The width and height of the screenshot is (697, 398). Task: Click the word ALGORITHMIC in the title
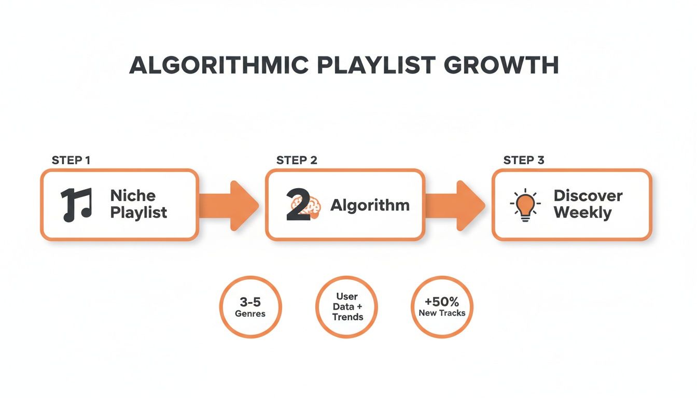pyautogui.click(x=218, y=65)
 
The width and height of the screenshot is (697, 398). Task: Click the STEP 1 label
pyautogui.click(x=71, y=160)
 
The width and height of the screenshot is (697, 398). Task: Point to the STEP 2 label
pyautogui.click(x=297, y=160)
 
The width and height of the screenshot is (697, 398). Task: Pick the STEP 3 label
pyautogui.click(x=524, y=160)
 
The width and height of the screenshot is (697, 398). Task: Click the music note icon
pyautogui.click(x=76, y=205)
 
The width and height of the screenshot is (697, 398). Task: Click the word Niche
pyautogui.click(x=133, y=196)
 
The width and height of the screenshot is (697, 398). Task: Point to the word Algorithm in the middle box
pyautogui.click(x=370, y=205)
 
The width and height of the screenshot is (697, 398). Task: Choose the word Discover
pyautogui.click(x=588, y=196)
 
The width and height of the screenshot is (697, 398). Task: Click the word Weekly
pyautogui.click(x=582, y=213)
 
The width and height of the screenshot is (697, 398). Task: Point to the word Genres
pyautogui.click(x=250, y=314)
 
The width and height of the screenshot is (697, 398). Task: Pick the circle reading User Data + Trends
pyautogui.click(x=346, y=307)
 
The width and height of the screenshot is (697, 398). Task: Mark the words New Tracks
pyautogui.click(x=442, y=314)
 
